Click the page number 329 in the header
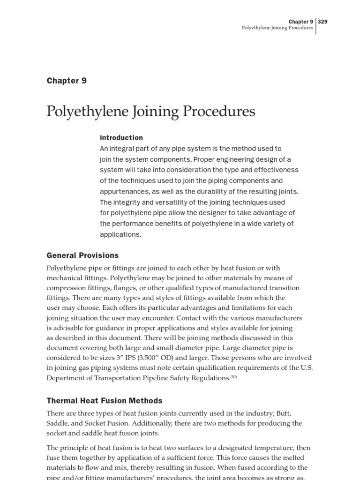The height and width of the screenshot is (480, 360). [x=322, y=22]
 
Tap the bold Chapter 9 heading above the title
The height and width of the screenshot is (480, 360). [x=67, y=81]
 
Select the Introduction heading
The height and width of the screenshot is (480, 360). [x=121, y=138]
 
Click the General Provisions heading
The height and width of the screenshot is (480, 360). [x=82, y=255]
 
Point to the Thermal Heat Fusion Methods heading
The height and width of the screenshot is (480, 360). [x=105, y=401]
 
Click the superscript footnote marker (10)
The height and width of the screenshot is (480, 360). [x=233, y=377]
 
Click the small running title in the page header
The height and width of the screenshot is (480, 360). [x=277, y=28]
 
